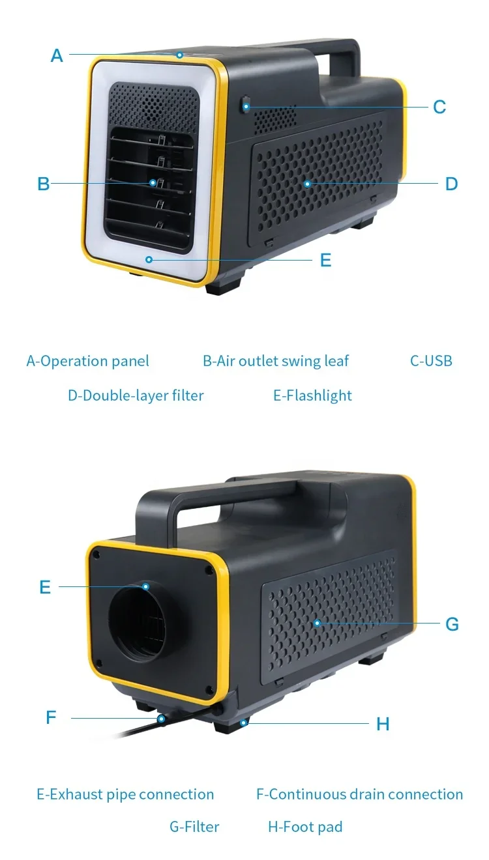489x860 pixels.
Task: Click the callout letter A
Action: pos(57,55)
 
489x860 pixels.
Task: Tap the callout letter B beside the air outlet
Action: pos(44,184)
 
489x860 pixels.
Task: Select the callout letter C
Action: pos(439,107)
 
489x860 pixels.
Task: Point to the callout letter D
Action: pos(451,184)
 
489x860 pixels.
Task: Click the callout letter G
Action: pos(452,624)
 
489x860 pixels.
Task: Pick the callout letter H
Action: pos(383,724)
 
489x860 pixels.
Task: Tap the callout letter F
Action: pos(51,717)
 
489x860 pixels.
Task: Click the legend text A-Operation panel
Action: pos(87,361)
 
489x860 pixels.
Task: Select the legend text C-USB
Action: pos(431,360)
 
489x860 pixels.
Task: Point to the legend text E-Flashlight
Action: pos(312,395)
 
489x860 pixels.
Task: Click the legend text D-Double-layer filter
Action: pos(136,395)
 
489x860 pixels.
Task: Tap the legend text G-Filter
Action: pos(194,827)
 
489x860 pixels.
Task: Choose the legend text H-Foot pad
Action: pos(305,827)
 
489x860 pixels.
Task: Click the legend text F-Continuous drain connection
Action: pos(359,794)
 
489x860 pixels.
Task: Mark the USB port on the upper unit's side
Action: pos(246,105)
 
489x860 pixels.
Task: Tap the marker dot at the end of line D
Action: pos(307,184)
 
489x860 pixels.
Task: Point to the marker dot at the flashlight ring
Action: pos(149,260)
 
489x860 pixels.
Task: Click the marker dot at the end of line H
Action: pos(244,723)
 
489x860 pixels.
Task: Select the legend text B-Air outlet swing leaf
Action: pos(276,361)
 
